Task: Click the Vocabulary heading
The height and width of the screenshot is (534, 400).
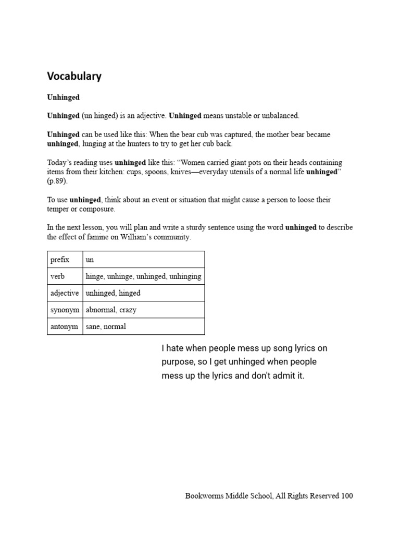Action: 74,76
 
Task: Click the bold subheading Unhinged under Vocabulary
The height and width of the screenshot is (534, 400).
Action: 63,97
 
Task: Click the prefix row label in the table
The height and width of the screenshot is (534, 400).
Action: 59,260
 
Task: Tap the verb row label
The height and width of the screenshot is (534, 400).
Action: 57,276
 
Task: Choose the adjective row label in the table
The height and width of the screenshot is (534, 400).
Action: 65,293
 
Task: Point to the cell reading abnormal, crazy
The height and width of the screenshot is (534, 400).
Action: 111,310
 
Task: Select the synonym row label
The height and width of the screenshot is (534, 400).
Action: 65,310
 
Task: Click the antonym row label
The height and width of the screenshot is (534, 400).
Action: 64,326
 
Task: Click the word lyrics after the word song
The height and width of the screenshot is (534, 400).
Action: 299,348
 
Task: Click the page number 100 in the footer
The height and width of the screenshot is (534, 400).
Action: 347,496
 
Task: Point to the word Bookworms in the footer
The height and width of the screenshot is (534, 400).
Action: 203,496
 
